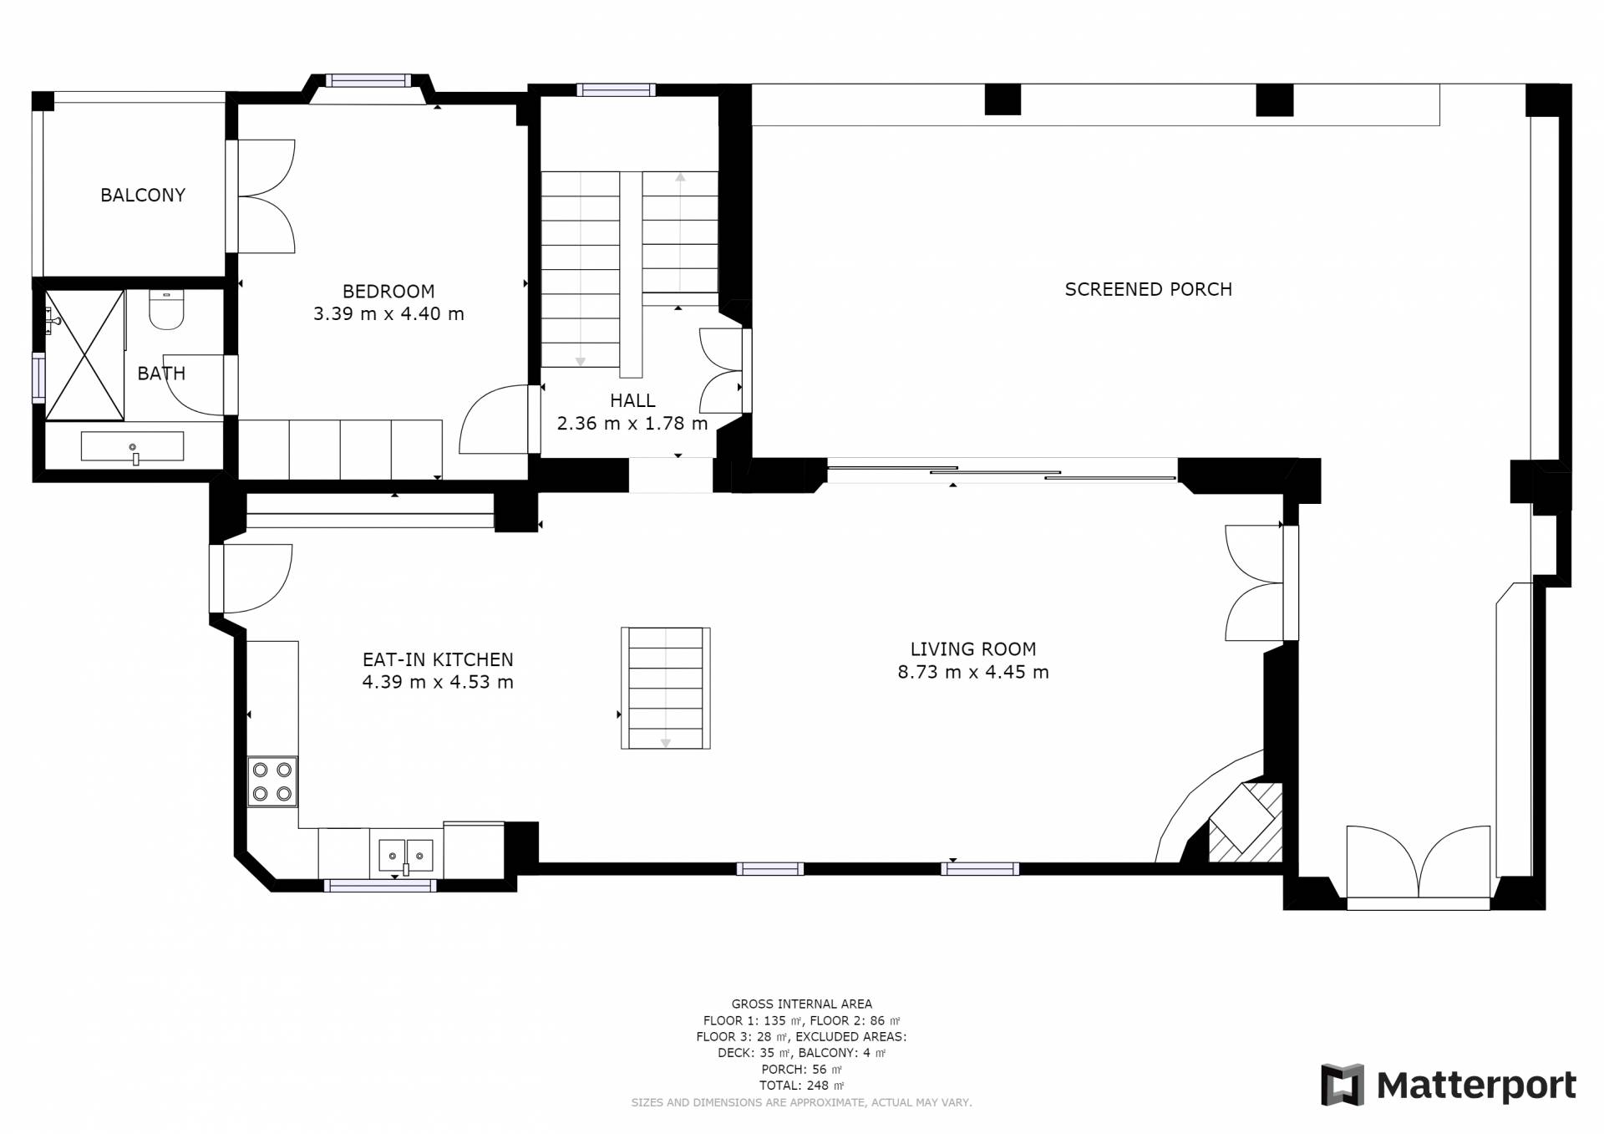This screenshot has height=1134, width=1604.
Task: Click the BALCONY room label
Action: pyautogui.click(x=143, y=195)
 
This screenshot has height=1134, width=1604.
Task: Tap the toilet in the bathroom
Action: pyautogui.click(x=165, y=308)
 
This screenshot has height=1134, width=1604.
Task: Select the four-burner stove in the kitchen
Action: pyautogui.click(x=272, y=781)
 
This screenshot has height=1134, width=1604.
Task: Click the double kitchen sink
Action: pyautogui.click(x=406, y=854)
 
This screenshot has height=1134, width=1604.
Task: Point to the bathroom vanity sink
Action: pyautogui.click(x=133, y=447)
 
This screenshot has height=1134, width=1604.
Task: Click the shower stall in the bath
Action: pyautogui.click(x=84, y=355)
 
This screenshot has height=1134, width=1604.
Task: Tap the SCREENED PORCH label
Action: pyautogui.click(x=1148, y=289)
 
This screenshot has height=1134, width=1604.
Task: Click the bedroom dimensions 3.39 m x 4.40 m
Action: pyautogui.click(x=388, y=314)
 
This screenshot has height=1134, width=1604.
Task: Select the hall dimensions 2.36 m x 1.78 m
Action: pyautogui.click(x=632, y=424)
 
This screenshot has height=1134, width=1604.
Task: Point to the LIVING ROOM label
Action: pyautogui.click(x=973, y=649)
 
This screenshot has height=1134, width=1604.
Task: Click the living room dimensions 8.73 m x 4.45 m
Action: pyautogui.click(x=973, y=672)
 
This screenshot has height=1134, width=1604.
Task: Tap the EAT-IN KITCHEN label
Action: pyautogui.click(x=438, y=659)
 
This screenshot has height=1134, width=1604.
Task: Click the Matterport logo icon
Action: pyautogui.click(x=1342, y=1085)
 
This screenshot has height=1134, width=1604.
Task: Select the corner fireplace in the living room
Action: pyautogui.click(x=1245, y=821)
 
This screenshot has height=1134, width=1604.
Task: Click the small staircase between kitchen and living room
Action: pyautogui.click(x=666, y=688)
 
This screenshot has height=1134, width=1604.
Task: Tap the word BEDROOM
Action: pyautogui.click(x=388, y=292)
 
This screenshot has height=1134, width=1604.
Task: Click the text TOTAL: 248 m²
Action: pyautogui.click(x=801, y=1086)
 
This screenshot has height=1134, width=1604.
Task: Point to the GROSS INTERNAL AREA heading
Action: pyautogui.click(x=801, y=1004)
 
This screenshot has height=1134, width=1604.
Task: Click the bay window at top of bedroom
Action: pyautogui.click(x=368, y=81)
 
